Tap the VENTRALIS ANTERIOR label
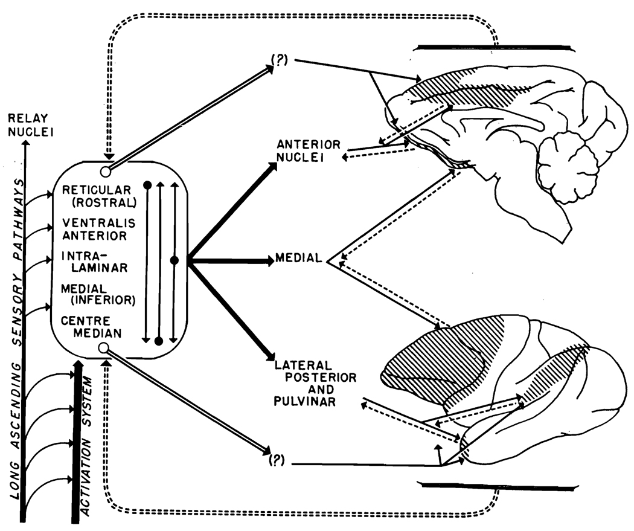point(98,229)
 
